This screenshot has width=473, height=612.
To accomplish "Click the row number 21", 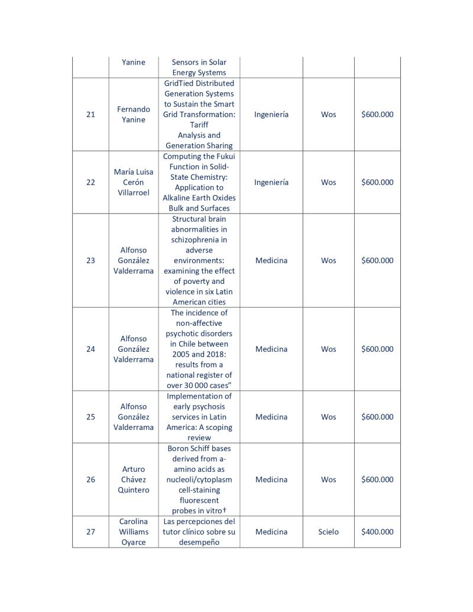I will [x=90, y=114].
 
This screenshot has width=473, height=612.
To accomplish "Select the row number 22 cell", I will [x=90, y=182].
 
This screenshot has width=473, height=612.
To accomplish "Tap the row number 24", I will [x=90, y=349].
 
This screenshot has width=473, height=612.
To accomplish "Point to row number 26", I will [x=90, y=480].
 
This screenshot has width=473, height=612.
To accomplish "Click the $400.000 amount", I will [x=377, y=532].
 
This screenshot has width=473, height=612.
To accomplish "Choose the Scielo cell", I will [x=328, y=532].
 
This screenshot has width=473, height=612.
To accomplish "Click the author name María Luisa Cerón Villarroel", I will [x=134, y=182].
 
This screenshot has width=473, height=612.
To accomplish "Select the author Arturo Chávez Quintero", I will [x=134, y=480].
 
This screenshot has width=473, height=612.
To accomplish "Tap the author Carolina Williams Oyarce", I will [x=134, y=532].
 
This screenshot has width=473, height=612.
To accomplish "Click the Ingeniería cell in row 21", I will [x=271, y=114].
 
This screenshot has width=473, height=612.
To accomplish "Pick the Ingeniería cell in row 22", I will [x=271, y=182].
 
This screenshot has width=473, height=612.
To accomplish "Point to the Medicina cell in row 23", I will [x=271, y=260].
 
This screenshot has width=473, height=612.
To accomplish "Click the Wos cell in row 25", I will [x=328, y=417].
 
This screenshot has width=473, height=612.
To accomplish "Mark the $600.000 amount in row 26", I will [x=377, y=480].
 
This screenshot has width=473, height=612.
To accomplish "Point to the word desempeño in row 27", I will [x=199, y=542].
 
